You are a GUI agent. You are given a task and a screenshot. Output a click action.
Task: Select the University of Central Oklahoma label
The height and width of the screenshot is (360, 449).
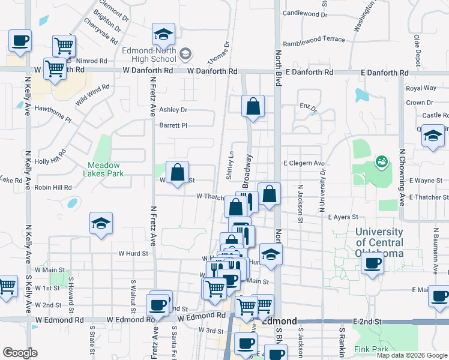[379, 242]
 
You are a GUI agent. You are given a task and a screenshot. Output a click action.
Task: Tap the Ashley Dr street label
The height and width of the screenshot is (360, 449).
[173, 110]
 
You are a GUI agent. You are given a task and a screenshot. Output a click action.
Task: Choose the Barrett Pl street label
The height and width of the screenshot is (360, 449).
[173, 125]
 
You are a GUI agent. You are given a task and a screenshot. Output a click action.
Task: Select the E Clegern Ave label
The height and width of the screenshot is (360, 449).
[304, 163]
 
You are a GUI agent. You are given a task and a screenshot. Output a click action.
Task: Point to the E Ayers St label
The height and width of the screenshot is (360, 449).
[343, 217]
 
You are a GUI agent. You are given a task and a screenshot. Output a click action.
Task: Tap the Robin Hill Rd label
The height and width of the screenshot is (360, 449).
[53, 187]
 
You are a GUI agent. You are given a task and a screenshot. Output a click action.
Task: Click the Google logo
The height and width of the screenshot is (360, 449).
[20, 353]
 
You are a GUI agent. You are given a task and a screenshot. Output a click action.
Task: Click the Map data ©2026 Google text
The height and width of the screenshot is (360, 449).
[411, 355]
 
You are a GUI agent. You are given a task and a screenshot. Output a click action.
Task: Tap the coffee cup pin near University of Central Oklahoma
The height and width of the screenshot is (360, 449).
[373, 264]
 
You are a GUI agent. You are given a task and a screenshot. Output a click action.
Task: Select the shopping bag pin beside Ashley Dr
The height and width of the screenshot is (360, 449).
[253, 107]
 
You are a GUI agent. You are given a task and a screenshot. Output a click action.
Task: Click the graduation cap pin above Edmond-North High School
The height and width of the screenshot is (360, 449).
[163, 35]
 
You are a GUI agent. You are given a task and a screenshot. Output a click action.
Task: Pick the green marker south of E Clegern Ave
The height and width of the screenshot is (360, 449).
[380, 161]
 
